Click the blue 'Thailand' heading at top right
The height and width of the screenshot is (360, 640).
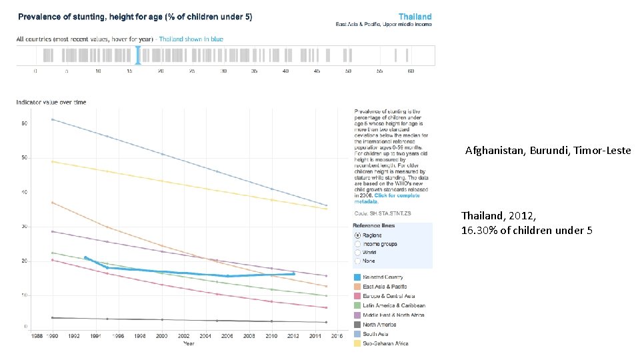415,17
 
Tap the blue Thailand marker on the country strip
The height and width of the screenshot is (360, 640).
138,55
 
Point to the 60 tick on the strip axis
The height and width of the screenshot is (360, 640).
411,71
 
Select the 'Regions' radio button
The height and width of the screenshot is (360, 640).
357,235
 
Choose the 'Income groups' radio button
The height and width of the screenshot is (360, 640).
357,244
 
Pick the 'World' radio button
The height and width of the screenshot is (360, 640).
357,253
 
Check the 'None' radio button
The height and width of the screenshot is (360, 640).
357,261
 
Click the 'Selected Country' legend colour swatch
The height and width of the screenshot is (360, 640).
358,277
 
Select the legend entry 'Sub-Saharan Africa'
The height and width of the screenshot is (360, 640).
385,343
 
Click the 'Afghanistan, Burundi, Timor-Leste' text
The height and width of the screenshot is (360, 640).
547,151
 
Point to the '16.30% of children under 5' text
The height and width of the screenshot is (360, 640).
526,231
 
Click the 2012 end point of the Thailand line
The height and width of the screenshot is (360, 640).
293,273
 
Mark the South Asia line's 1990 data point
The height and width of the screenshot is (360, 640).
52,119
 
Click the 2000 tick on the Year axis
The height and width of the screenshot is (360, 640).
162,337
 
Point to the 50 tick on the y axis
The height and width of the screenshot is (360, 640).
24,158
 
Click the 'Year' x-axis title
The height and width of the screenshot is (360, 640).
189,344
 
